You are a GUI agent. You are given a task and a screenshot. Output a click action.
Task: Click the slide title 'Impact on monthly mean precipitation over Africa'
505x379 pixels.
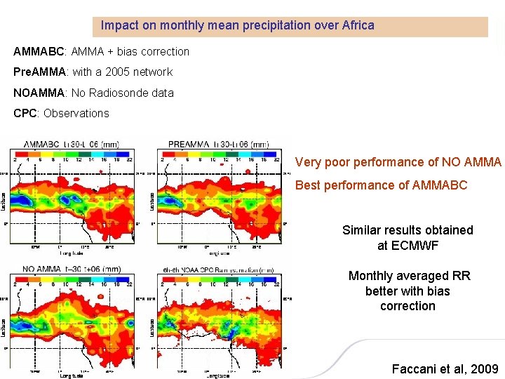click(237, 25)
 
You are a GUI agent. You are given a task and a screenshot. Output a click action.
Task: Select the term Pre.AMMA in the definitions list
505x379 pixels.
click(39, 72)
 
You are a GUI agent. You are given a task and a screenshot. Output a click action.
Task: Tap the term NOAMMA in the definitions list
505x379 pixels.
click(38, 93)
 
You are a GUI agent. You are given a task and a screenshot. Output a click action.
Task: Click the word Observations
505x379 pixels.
click(76, 113)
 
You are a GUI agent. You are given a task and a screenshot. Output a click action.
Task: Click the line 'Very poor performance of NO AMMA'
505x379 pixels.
click(398, 162)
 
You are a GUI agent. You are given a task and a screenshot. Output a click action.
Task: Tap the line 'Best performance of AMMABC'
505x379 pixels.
click(381, 185)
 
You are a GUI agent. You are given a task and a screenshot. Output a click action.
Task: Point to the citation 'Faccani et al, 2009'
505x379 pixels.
click(445, 368)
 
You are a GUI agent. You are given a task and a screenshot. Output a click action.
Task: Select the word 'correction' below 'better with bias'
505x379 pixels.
click(408, 306)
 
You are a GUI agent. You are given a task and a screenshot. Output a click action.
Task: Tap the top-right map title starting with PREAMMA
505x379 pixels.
click(219, 144)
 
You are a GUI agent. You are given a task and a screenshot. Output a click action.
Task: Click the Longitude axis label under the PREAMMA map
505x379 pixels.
click(218, 253)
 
